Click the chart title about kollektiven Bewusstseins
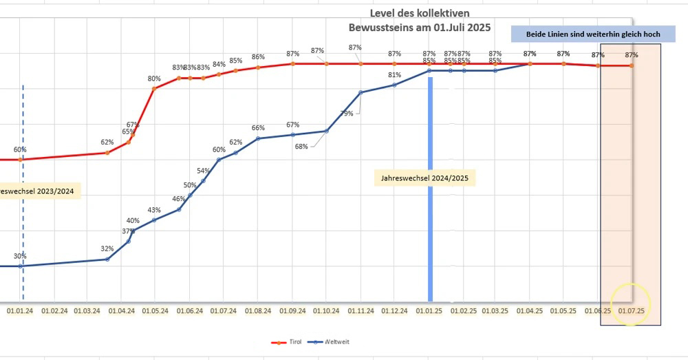420,20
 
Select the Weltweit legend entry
326,341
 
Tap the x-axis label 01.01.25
429,311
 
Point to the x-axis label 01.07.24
222,311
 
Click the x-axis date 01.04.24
121,311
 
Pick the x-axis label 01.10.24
326,311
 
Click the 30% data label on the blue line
20,256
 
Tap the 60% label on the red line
20,149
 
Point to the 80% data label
154,78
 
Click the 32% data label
107,248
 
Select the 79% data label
347,114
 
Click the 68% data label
301,146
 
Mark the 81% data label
394,75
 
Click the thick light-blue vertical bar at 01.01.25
430,207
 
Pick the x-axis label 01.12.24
394,311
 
